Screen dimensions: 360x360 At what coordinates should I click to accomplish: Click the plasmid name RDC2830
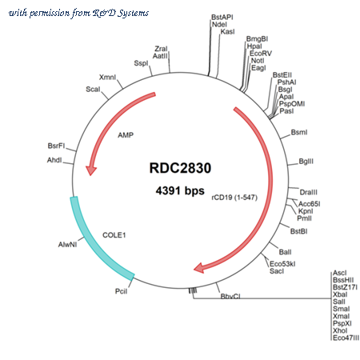click(180, 168)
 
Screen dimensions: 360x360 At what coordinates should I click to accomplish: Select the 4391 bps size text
click(180, 191)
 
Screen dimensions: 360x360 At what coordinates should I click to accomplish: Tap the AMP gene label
click(126, 135)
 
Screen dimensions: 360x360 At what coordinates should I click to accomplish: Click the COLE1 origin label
click(114, 235)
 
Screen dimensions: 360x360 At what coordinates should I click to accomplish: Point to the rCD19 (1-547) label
click(234, 198)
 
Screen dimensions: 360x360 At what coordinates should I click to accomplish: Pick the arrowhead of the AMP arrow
click(91, 170)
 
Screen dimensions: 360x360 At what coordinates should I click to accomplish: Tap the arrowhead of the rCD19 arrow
click(199, 268)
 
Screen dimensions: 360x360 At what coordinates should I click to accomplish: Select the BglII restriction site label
click(306, 162)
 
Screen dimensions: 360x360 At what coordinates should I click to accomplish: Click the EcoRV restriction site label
click(261, 54)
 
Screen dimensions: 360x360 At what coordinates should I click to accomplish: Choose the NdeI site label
click(219, 25)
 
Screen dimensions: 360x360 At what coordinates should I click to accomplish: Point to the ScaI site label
click(93, 90)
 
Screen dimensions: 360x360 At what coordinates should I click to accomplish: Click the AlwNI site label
click(68, 245)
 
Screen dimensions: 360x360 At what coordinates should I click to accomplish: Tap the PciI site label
click(122, 291)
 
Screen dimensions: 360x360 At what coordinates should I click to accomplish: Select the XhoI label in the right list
click(340, 330)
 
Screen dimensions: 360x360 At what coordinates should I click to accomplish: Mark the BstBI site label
click(299, 231)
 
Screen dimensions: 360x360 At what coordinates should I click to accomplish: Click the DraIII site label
click(309, 192)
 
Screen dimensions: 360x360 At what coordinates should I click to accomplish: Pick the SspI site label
click(141, 63)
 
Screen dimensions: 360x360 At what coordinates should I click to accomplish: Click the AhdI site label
click(54, 160)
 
